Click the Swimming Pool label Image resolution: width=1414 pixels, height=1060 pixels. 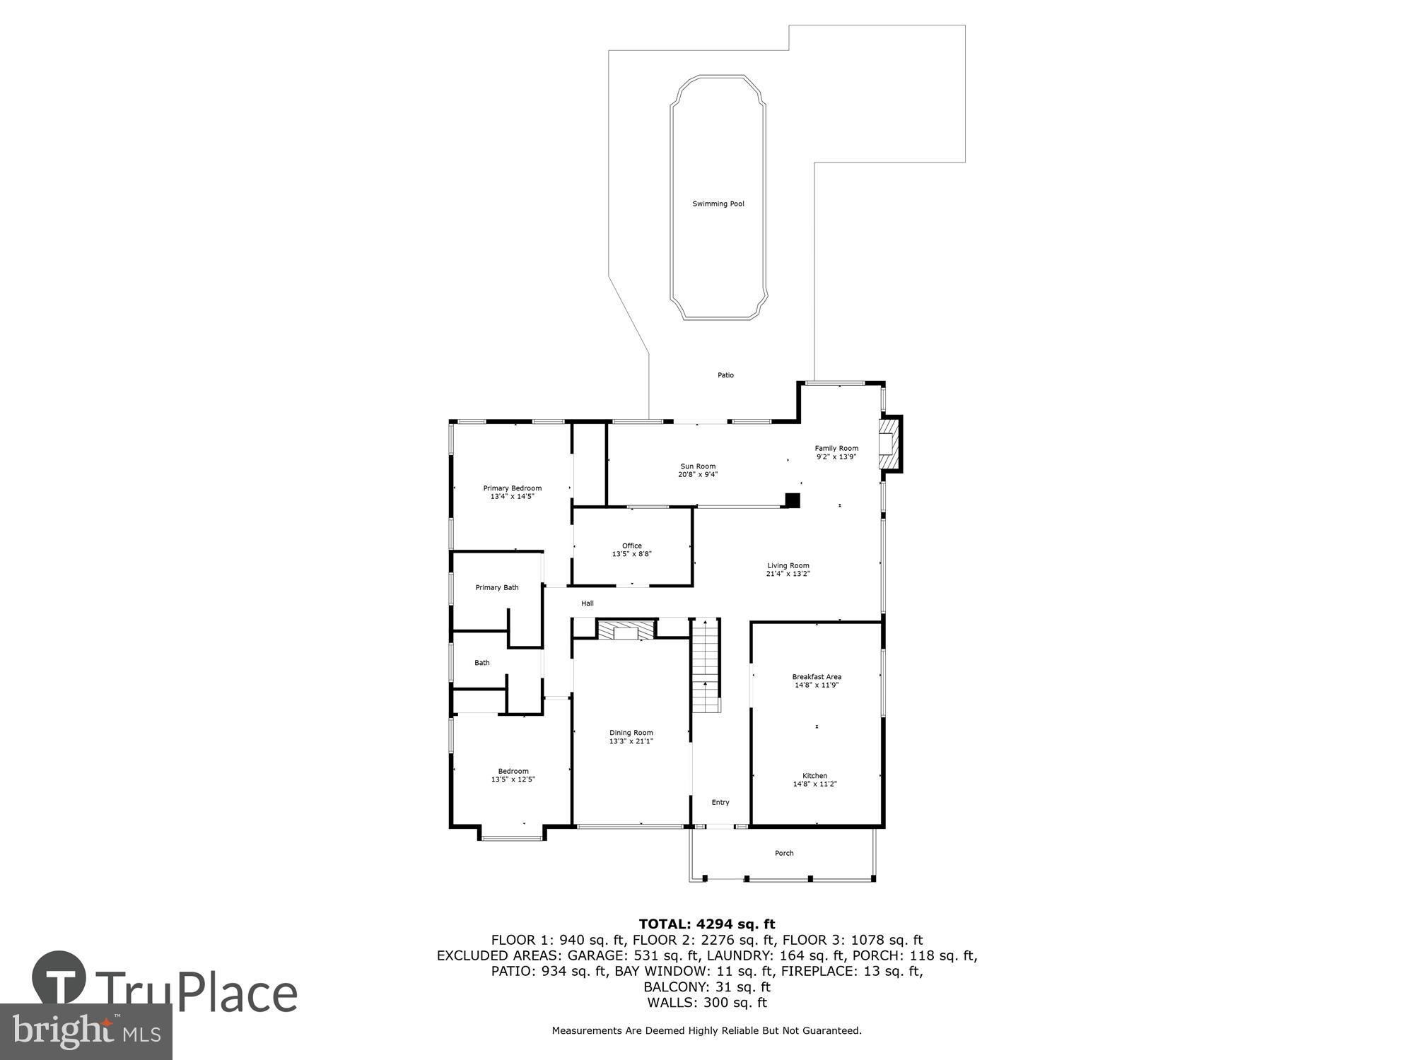click(x=718, y=204)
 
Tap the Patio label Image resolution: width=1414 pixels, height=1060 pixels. click(x=725, y=375)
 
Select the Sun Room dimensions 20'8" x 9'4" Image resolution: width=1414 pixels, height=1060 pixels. click(x=697, y=475)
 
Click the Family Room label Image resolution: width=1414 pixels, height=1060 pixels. click(x=836, y=448)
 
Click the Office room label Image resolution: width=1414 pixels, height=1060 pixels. click(x=631, y=546)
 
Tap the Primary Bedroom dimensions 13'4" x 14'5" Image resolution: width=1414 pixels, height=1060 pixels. click(x=512, y=497)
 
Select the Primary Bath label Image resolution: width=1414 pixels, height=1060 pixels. click(x=496, y=587)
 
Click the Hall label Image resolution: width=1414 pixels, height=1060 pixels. click(x=587, y=603)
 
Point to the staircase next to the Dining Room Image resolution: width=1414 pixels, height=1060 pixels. click(x=706, y=666)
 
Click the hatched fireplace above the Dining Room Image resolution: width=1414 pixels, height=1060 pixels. click(x=626, y=630)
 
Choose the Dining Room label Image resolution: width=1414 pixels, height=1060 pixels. click(x=631, y=733)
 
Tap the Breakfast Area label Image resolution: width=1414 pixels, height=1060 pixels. click(x=817, y=677)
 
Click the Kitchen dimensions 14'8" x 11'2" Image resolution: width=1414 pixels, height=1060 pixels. click(x=814, y=784)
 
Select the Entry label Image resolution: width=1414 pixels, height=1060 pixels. click(x=720, y=802)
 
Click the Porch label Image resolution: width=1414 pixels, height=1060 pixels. click(x=784, y=853)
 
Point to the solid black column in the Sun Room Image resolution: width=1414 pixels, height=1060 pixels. click(x=793, y=500)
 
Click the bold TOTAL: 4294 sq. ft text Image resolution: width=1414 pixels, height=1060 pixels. click(x=706, y=924)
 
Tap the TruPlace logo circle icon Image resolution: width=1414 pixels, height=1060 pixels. click(x=59, y=979)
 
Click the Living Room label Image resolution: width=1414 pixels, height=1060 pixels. click(x=788, y=565)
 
